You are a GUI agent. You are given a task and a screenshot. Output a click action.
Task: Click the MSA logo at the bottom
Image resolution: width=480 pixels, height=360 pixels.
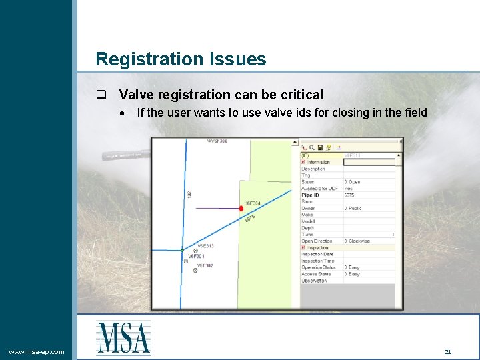click(x=123, y=337)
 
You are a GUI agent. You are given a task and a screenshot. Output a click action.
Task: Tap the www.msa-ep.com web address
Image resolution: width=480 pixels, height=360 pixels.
click(x=37, y=351)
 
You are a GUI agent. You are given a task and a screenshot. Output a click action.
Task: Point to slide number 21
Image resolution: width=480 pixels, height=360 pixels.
click(x=448, y=351)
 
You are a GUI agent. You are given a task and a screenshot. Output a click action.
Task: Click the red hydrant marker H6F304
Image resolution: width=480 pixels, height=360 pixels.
click(x=241, y=209)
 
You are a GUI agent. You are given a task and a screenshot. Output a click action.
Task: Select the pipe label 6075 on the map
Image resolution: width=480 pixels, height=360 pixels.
click(x=251, y=218)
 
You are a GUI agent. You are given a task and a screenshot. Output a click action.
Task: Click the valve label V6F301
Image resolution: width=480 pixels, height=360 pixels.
click(x=196, y=256)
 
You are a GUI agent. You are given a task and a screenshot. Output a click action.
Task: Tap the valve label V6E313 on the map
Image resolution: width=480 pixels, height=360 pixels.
click(x=205, y=246)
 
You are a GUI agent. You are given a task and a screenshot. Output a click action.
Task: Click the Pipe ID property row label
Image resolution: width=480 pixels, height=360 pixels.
click(x=311, y=195)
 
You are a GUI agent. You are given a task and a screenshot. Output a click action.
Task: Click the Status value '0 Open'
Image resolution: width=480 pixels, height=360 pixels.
click(x=353, y=181)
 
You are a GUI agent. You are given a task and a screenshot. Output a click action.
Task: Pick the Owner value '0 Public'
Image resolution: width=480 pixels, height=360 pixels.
click(x=353, y=208)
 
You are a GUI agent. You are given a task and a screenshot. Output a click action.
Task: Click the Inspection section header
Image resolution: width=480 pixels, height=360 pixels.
click(x=318, y=247)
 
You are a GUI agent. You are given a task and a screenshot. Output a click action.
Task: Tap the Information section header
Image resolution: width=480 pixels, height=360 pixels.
click(x=319, y=162)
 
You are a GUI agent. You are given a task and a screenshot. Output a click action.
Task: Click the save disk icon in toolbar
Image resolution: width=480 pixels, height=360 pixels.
click(x=320, y=147)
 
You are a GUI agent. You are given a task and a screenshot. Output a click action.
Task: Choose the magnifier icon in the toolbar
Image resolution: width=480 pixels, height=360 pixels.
click(x=311, y=147)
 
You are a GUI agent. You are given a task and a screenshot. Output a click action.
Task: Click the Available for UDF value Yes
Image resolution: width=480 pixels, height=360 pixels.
click(x=349, y=188)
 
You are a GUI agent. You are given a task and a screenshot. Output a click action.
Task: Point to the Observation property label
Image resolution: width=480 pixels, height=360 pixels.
click(x=314, y=281)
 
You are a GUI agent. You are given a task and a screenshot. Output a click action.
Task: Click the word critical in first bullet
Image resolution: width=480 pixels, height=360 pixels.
click(x=300, y=95)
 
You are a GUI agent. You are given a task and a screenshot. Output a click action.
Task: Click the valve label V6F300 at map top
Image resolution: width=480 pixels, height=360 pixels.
click(x=219, y=141)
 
